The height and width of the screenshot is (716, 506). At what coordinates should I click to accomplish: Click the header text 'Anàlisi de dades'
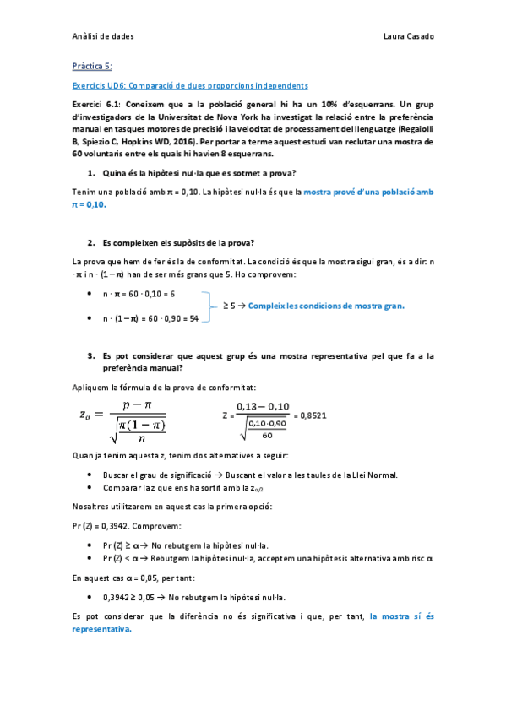104,36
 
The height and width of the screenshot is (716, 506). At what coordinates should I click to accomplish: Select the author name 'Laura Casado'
408,36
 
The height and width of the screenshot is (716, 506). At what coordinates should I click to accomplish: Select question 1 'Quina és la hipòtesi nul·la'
199,173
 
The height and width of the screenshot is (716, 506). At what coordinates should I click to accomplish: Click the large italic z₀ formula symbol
83,414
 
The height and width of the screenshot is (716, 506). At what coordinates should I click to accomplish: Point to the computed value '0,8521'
313,415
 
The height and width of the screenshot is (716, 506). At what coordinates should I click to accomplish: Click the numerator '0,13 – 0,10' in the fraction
263,406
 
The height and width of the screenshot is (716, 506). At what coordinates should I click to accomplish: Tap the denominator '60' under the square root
266,436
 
